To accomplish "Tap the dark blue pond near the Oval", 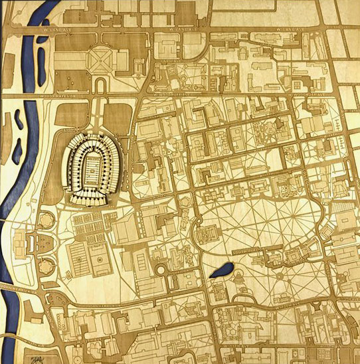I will click(x=220, y=271).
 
